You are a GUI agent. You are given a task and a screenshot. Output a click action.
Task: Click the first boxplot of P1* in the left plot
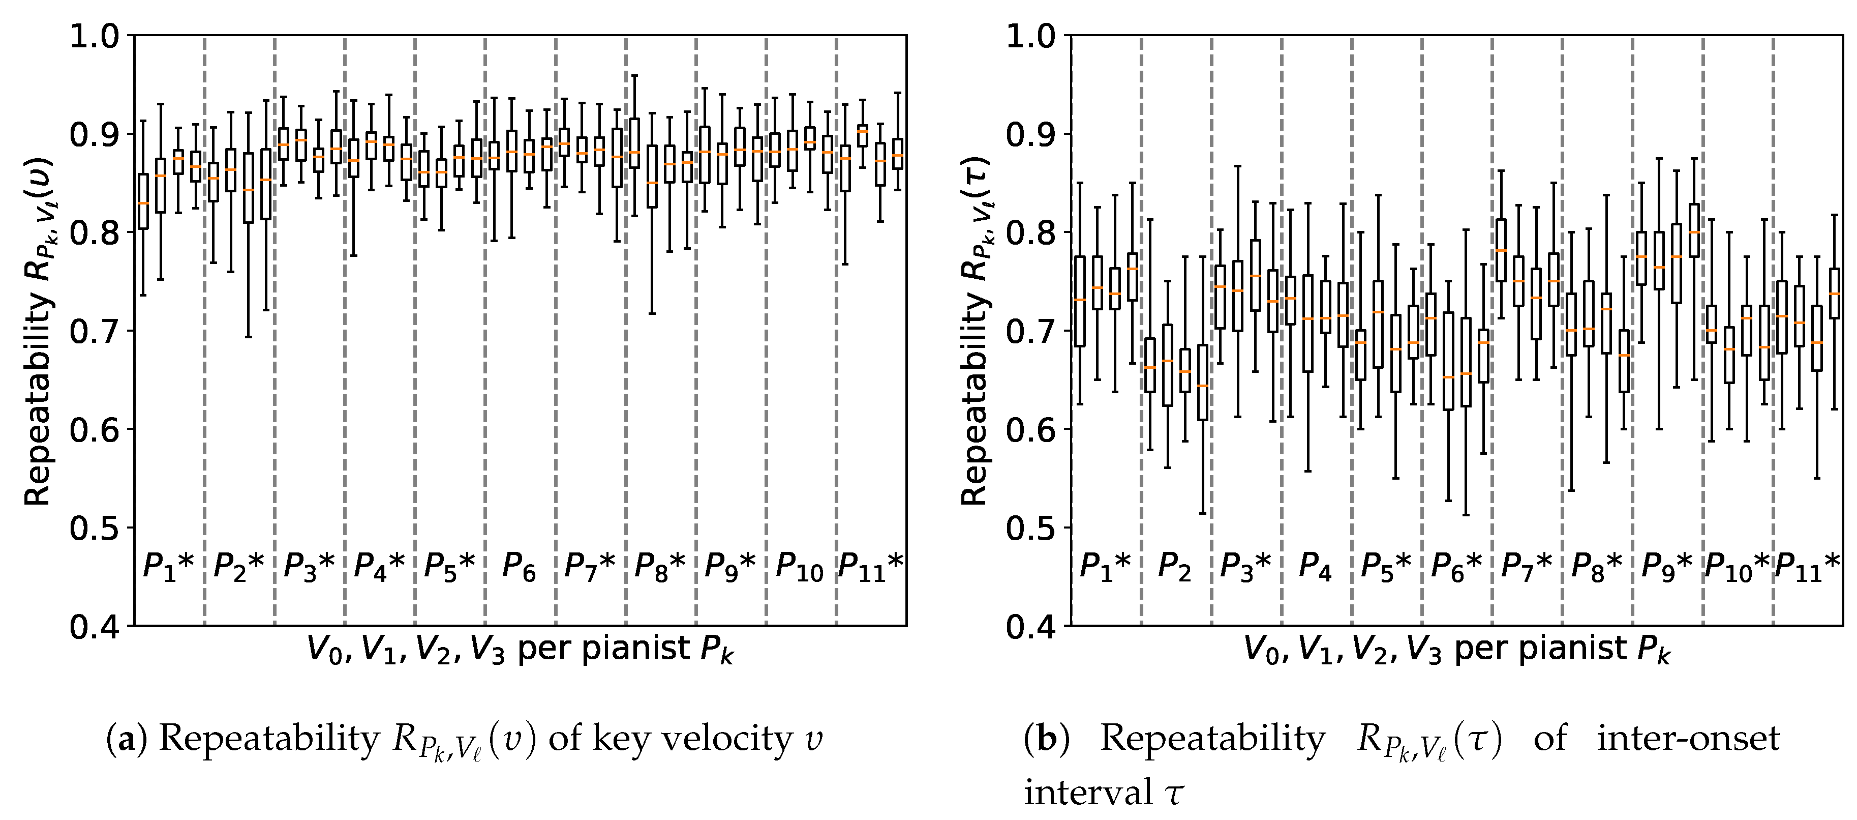pos(143,201)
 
